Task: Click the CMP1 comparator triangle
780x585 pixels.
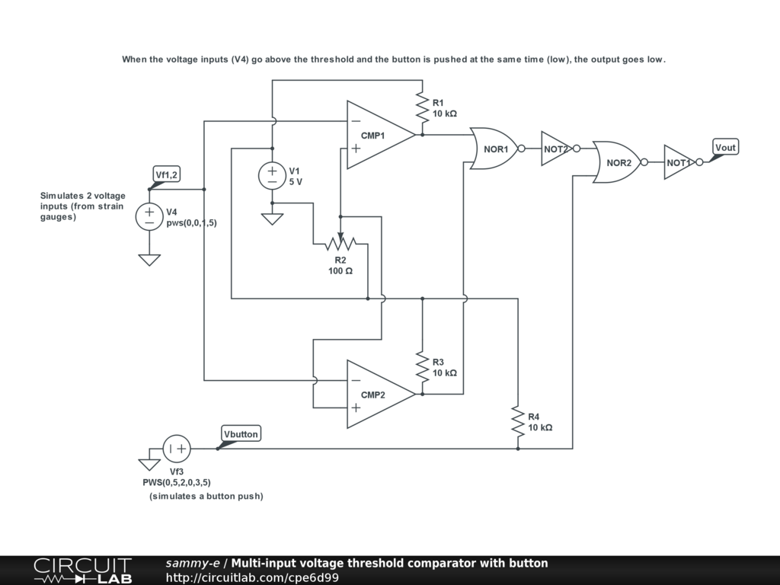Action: (x=381, y=135)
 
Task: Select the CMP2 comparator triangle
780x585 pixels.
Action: (x=381, y=394)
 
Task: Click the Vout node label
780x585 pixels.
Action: (x=725, y=147)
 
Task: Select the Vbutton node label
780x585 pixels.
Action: (x=241, y=433)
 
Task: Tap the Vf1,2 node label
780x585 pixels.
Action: (x=166, y=174)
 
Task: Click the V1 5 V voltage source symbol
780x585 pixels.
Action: (x=272, y=176)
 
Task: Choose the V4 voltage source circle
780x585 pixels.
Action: (x=149, y=217)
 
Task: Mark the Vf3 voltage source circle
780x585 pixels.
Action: (x=177, y=449)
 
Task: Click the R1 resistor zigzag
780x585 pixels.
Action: (x=422, y=107)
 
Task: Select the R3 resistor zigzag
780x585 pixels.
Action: (x=422, y=367)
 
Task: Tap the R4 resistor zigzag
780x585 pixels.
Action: (x=518, y=421)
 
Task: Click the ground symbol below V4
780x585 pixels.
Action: (x=149, y=261)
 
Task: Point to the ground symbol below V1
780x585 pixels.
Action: (x=272, y=219)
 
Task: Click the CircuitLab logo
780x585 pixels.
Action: (x=83, y=571)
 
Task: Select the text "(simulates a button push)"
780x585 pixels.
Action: (x=206, y=496)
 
